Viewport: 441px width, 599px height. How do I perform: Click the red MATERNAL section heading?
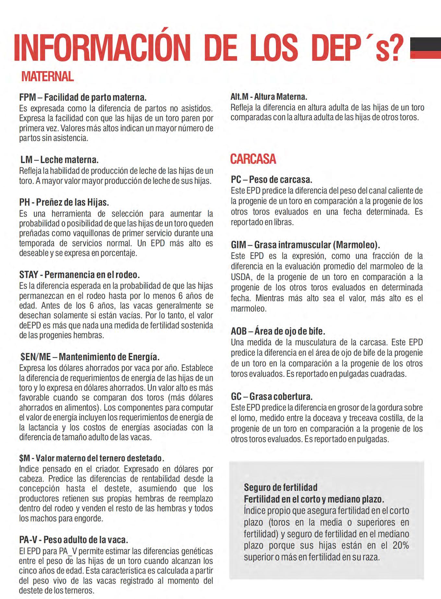coord(47,77)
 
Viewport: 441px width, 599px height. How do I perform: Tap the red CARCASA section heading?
coord(253,159)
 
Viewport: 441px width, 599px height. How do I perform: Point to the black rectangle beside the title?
coord(425,44)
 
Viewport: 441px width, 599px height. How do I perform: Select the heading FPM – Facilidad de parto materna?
coord(83,97)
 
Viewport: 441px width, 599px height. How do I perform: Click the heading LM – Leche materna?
coord(59,160)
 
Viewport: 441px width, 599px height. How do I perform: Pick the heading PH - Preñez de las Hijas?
coord(64,202)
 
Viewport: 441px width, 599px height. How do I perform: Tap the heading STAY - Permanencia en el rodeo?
coord(79,275)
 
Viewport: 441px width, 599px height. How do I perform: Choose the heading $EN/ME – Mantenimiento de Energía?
coord(90,357)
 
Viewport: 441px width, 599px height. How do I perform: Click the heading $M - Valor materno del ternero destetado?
coord(92,458)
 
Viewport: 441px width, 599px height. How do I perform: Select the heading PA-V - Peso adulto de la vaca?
coord(74,540)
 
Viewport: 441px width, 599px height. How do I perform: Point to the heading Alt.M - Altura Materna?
coord(268,96)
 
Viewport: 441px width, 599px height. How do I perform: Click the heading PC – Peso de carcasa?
coord(271,180)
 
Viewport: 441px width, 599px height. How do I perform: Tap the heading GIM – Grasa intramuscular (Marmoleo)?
coord(305,245)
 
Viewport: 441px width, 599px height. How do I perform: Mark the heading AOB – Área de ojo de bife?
coord(278,331)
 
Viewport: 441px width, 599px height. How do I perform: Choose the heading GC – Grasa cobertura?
coord(272,397)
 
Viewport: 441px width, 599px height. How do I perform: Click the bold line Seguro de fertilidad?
coord(280,487)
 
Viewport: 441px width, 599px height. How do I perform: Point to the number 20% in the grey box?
coord(400,545)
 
